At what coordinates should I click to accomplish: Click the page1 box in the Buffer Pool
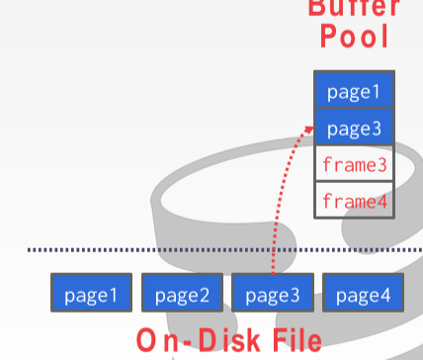tap(354, 91)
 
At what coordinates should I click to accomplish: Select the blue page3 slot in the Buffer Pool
tap(354, 128)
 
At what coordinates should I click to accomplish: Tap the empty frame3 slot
tap(354, 164)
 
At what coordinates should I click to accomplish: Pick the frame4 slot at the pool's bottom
tap(354, 201)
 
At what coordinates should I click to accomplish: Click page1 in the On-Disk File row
tap(91, 294)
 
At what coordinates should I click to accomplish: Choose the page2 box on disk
tap(182, 294)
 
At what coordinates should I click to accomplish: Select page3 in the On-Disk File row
tap(273, 294)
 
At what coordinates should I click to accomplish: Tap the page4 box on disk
tap(364, 294)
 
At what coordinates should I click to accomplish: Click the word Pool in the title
tap(354, 39)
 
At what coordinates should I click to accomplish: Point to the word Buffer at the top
tap(354, 7)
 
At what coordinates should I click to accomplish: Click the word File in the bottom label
tap(292, 341)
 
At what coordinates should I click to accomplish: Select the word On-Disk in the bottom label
tap(194, 341)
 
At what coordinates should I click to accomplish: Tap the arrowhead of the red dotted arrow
tap(309, 129)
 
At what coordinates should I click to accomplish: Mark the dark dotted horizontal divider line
tap(148, 250)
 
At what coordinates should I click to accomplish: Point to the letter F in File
tap(271, 341)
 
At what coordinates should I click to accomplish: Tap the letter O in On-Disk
tap(146, 341)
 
